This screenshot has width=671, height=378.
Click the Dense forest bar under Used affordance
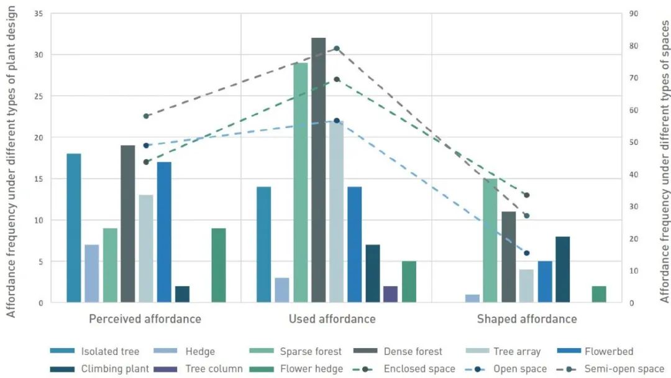[318, 170]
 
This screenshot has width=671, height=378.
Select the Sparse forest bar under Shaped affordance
[490, 241]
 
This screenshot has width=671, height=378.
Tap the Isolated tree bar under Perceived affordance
[74, 228]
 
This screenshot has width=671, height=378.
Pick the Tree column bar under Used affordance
[390, 295]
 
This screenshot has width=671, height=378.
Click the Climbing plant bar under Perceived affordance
[182, 295]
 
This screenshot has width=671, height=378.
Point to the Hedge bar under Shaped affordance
[472, 299]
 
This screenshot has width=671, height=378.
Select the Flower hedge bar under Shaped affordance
[598, 295]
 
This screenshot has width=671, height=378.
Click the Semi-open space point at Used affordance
[337, 48]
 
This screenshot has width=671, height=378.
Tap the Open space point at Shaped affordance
[526, 253]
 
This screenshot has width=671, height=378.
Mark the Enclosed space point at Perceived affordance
[146, 162]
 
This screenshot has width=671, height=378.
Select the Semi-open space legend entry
[624, 369]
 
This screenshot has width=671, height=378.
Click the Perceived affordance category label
[145, 320]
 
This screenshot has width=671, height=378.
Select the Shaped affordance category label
[527, 320]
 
